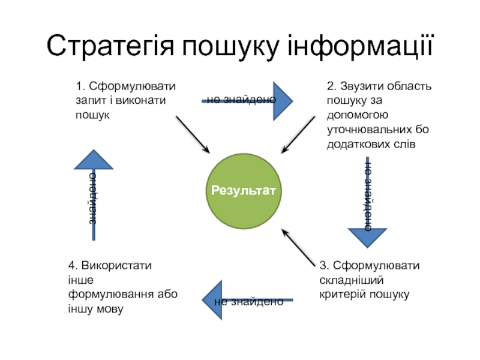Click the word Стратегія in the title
109,47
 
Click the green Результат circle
244,191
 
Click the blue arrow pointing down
368,234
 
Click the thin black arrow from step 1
192,134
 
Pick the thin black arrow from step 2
299,134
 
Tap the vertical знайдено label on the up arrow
92,198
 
